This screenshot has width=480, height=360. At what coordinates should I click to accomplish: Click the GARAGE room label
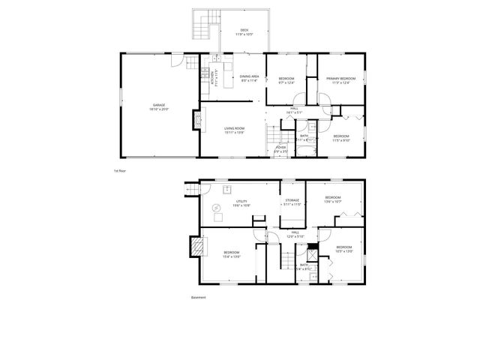(159, 105)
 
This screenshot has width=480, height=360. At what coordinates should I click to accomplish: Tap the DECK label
(245, 30)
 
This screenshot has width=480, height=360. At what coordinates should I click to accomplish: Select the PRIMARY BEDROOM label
(340, 79)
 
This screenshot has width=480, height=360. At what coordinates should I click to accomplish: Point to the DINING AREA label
(249, 76)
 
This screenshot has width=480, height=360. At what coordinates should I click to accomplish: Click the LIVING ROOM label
(234, 128)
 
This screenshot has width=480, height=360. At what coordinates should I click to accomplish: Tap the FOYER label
(280, 148)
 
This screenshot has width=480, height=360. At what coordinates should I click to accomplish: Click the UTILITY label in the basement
(241, 201)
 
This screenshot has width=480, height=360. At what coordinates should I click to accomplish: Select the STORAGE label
(292, 200)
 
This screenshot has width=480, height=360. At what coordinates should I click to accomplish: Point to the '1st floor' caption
(118, 171)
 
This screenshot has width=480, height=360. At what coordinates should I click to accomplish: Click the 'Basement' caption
(198, 297)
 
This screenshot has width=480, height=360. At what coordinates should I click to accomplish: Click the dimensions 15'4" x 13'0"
(231, 256)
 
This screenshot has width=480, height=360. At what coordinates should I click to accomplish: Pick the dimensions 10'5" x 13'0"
(343, 252)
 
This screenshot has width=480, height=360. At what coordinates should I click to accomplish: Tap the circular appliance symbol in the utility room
(216, 208)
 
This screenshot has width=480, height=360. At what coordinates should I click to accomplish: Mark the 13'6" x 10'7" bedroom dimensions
(333, 202)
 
